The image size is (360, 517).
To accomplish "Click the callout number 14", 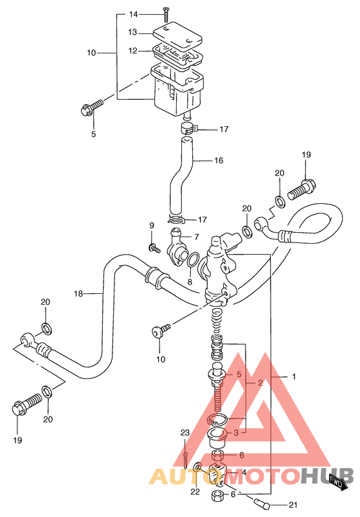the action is [133, 14].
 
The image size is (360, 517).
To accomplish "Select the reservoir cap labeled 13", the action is [177, 35].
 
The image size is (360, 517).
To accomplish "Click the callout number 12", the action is [133, 51].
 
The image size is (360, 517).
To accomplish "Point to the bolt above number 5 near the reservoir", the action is [91, 107].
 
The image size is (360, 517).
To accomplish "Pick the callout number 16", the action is [219, 161].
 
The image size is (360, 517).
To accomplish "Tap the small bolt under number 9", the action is [154, 248].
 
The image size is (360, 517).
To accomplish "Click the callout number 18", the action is [78, 293].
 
